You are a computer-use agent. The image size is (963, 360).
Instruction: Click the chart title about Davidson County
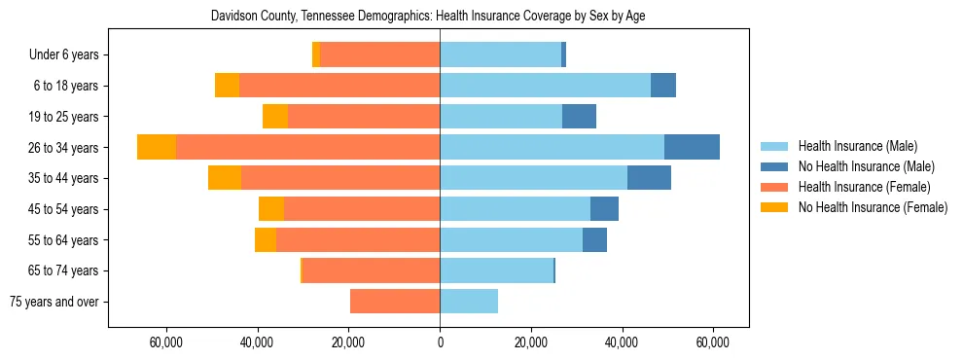(428, 17)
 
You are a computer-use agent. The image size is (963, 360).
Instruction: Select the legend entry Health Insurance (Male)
(856, 146)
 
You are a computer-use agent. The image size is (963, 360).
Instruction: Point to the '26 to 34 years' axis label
(64, 148)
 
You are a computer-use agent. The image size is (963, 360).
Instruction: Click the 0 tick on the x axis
(440, 342)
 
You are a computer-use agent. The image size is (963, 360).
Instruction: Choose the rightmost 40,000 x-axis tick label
(623, 342)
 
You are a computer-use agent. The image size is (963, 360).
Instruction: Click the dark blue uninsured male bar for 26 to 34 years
(692, 147)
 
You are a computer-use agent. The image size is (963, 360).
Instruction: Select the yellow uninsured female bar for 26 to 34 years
(157, 147)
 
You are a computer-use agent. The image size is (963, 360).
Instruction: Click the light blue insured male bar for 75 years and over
(469, 302)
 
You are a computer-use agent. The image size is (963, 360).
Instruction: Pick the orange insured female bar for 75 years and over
(395, 302)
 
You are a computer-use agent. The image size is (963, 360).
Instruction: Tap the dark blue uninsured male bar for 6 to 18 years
(663, 86)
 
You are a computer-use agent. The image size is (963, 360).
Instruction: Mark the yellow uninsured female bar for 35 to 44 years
(225, 178)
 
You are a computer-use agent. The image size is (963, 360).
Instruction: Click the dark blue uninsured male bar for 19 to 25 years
(579, 117)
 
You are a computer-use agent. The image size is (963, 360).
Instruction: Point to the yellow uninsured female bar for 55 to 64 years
(266, 240)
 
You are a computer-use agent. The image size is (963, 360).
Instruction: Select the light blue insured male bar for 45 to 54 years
(515, 209)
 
